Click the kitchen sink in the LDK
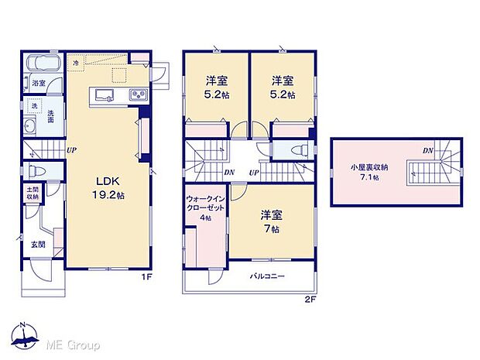tap(105, 96)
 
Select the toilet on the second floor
tap(297, 151)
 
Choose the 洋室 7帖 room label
tap(270, 221)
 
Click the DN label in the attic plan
tap(427, 151)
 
